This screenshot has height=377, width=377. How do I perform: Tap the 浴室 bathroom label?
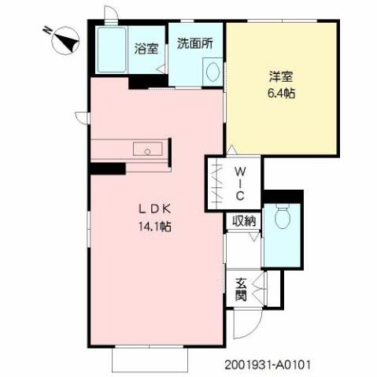pos(146,47)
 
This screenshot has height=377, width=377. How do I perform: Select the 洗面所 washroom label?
pos(193,44)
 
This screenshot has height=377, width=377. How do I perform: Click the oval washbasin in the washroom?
pos(212,72)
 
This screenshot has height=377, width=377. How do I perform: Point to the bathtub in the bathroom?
pos(113,50)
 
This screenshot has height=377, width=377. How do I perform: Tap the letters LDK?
pos(156,209)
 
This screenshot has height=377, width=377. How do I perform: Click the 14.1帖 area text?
pos(156,226)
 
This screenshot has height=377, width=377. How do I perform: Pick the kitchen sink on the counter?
pos(143,150)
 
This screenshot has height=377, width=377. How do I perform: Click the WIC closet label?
pos(242,183)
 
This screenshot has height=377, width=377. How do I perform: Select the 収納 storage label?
pos(244,221)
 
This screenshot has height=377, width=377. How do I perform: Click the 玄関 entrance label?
pos(241,289)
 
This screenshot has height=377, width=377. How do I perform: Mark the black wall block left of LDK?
pos(107,168)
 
